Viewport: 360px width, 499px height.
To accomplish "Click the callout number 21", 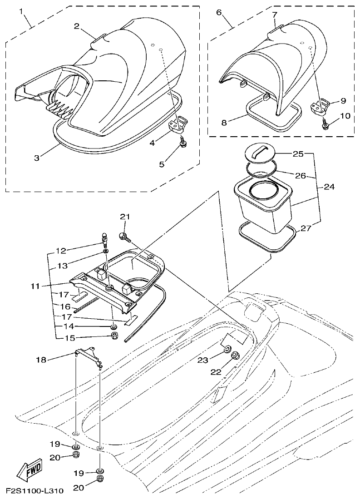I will (x=125, y=217).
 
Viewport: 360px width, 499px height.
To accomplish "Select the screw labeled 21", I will (x=124, y=236).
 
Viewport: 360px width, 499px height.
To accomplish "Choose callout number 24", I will (x=330, y=187).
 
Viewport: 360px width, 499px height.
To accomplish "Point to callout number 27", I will (x=306, y=228).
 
